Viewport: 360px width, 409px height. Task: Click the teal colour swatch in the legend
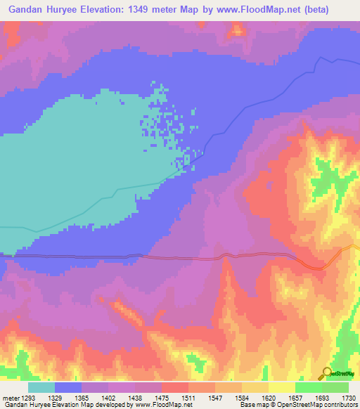point(41,387)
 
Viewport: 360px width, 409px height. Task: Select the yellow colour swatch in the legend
point(281,387)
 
